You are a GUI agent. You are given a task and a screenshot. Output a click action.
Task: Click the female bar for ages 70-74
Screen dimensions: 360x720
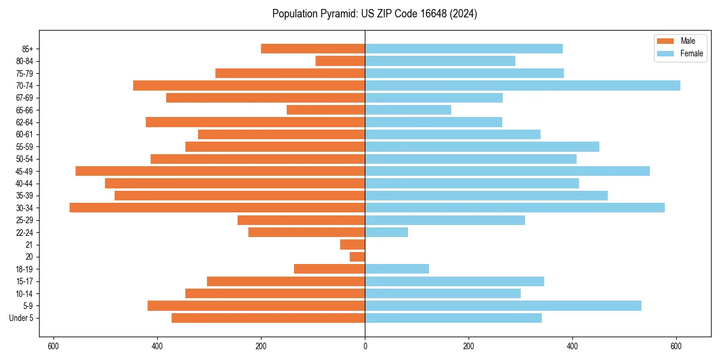click(x=522, y=86)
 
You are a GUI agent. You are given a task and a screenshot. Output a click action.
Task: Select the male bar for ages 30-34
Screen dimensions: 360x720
click(x=217, y=208)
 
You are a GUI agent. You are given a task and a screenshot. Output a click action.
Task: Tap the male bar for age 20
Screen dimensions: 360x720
click(x=358, y=257)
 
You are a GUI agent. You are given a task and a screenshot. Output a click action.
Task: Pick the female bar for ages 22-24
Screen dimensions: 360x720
click(x=386, y=232)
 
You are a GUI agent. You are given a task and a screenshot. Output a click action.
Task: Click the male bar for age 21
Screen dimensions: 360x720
click(x=353, y=245)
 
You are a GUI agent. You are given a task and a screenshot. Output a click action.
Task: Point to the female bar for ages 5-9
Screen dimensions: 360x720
click(x=503, y=306)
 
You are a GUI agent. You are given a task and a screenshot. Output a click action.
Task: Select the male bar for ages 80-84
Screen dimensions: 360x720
click(x=340, y=61)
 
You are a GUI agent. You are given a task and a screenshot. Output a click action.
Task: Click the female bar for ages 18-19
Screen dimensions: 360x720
click(x=397, y=269)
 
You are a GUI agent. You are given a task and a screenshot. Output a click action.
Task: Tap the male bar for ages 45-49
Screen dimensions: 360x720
click(x=220, y=171)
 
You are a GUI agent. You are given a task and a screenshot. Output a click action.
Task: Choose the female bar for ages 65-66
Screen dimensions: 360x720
click(x=408, y=110)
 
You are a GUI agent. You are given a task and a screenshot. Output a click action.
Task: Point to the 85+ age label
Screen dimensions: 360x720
click(x=26, y=49)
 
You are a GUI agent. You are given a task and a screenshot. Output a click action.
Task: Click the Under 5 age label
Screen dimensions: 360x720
click(x=22, y=318)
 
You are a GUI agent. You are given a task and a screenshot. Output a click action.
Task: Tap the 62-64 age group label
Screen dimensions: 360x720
click(x=25, y=122)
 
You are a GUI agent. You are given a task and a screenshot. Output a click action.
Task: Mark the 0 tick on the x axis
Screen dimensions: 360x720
click(x=365, y=346)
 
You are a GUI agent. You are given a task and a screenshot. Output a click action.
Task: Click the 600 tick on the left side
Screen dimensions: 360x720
click(x=53, y=346)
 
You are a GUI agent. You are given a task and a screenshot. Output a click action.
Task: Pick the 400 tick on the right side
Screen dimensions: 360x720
click(x=572, y=346)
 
